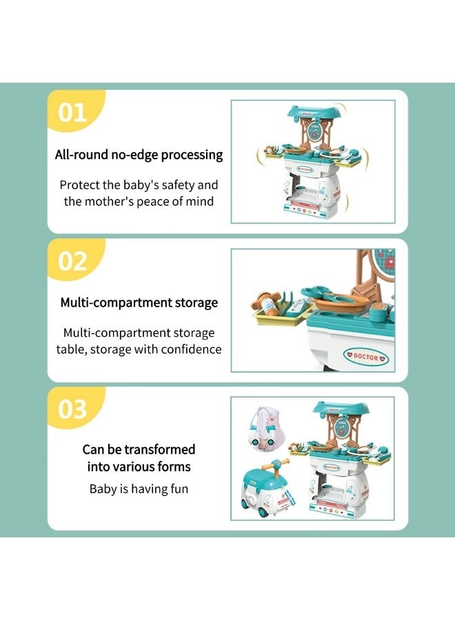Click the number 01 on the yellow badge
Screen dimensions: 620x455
[72, 112]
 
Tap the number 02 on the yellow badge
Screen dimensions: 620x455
[72, 261]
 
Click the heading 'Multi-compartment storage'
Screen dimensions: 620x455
[139, 302]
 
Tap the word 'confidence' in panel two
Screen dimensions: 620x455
[190, 349]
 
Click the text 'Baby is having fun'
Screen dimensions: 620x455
[139, 489]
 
